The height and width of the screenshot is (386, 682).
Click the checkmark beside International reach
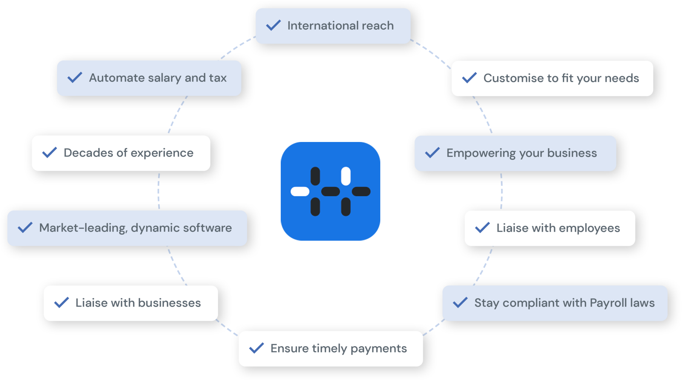[x=273, y=25]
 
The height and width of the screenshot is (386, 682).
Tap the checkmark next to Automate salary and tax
[x=75, y=77]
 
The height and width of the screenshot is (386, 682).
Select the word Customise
[x=513, y=78]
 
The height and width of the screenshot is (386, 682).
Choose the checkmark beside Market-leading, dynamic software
[x=25, y=228]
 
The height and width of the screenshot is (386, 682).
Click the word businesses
[x=169, y=303]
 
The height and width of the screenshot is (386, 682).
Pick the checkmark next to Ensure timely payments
[x=256, y=348]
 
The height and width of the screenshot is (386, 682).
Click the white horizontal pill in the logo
[x=300, y=192]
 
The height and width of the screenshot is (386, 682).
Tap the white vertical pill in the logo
[x=346, y=176]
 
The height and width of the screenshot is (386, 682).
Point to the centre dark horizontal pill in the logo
[x=330, y=192]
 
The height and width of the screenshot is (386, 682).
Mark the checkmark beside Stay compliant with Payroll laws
[x=460, y=303]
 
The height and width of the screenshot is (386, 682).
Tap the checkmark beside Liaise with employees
[x=482, y=228]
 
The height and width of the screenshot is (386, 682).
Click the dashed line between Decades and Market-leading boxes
[x=159, y=191]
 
